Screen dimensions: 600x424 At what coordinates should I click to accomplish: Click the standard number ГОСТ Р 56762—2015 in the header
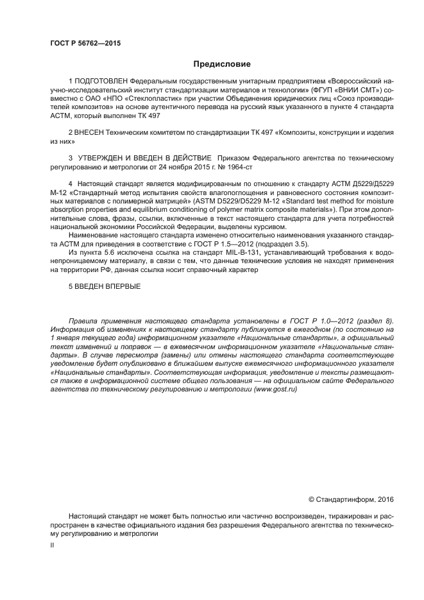pos(85,44)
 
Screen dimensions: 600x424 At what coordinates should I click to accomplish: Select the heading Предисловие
pos(222,64)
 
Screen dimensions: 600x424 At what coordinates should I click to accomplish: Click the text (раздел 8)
pos(375,320)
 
